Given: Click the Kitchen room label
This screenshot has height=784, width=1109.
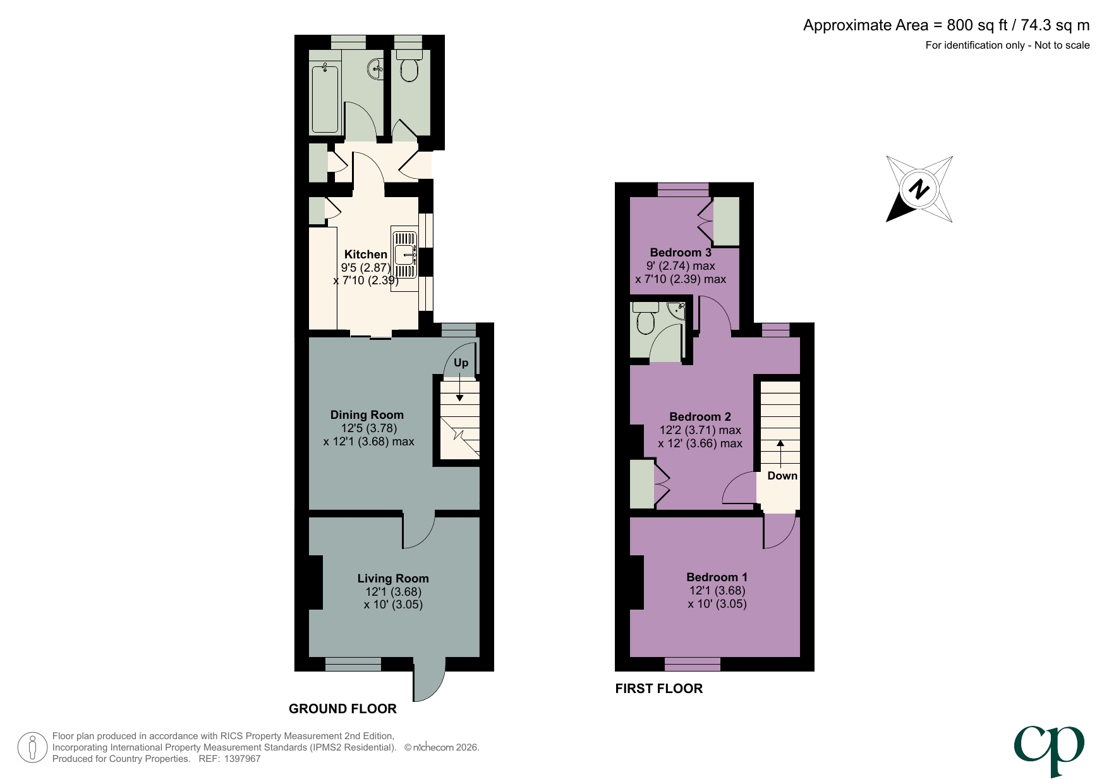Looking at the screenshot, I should click(x=365, y=254).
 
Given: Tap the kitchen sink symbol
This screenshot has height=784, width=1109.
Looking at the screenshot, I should click(x=404, y=254).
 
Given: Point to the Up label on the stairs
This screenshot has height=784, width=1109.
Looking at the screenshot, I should click(x=461, y=363).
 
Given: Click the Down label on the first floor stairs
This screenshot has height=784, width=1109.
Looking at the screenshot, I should click(x=782, y=476).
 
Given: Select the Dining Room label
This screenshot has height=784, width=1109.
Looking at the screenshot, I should click(x=367, y=415).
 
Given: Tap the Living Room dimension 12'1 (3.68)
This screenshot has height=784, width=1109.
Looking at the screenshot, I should click(x=393, y=592).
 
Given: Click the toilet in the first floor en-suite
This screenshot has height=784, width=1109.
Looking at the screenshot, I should click(x=645, y=320).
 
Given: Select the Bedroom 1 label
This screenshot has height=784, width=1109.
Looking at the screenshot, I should click(x=717, y=577).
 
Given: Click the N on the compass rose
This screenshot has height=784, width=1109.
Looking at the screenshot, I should click(x=919, y=189).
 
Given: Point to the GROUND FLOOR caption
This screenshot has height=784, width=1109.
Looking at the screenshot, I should click(x=342, y=709).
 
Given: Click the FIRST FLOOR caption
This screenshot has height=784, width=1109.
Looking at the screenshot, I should click(x=658, y=689).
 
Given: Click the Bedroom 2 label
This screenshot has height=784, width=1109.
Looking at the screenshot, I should click(x=700, y=417).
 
